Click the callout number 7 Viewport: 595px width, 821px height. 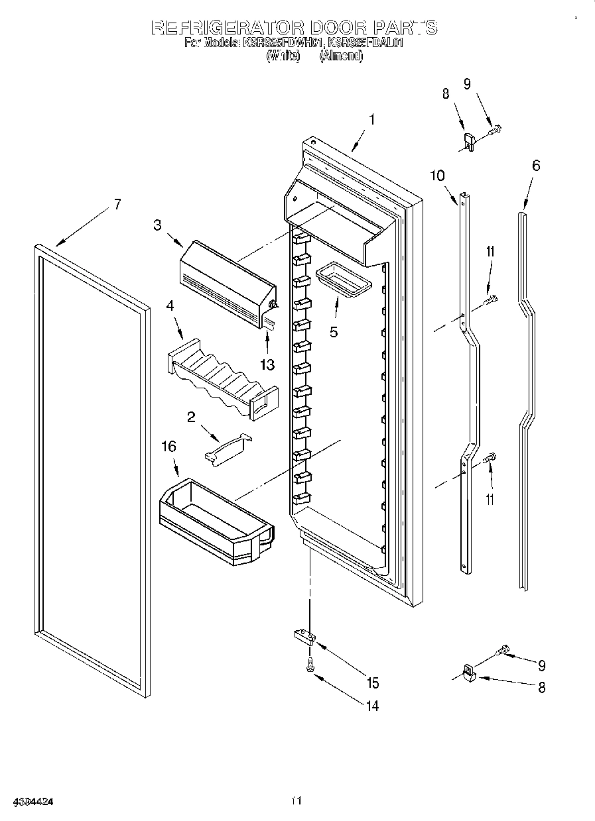(117, 204)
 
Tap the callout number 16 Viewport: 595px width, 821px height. (169, 447)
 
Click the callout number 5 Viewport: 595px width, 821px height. (334, 332)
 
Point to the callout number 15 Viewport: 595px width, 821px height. (372, 683)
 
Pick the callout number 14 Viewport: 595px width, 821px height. (372, 706)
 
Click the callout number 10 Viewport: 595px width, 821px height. (437, 175)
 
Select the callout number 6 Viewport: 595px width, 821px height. (536, 165)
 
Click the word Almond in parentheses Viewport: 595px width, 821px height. (341, 57)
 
